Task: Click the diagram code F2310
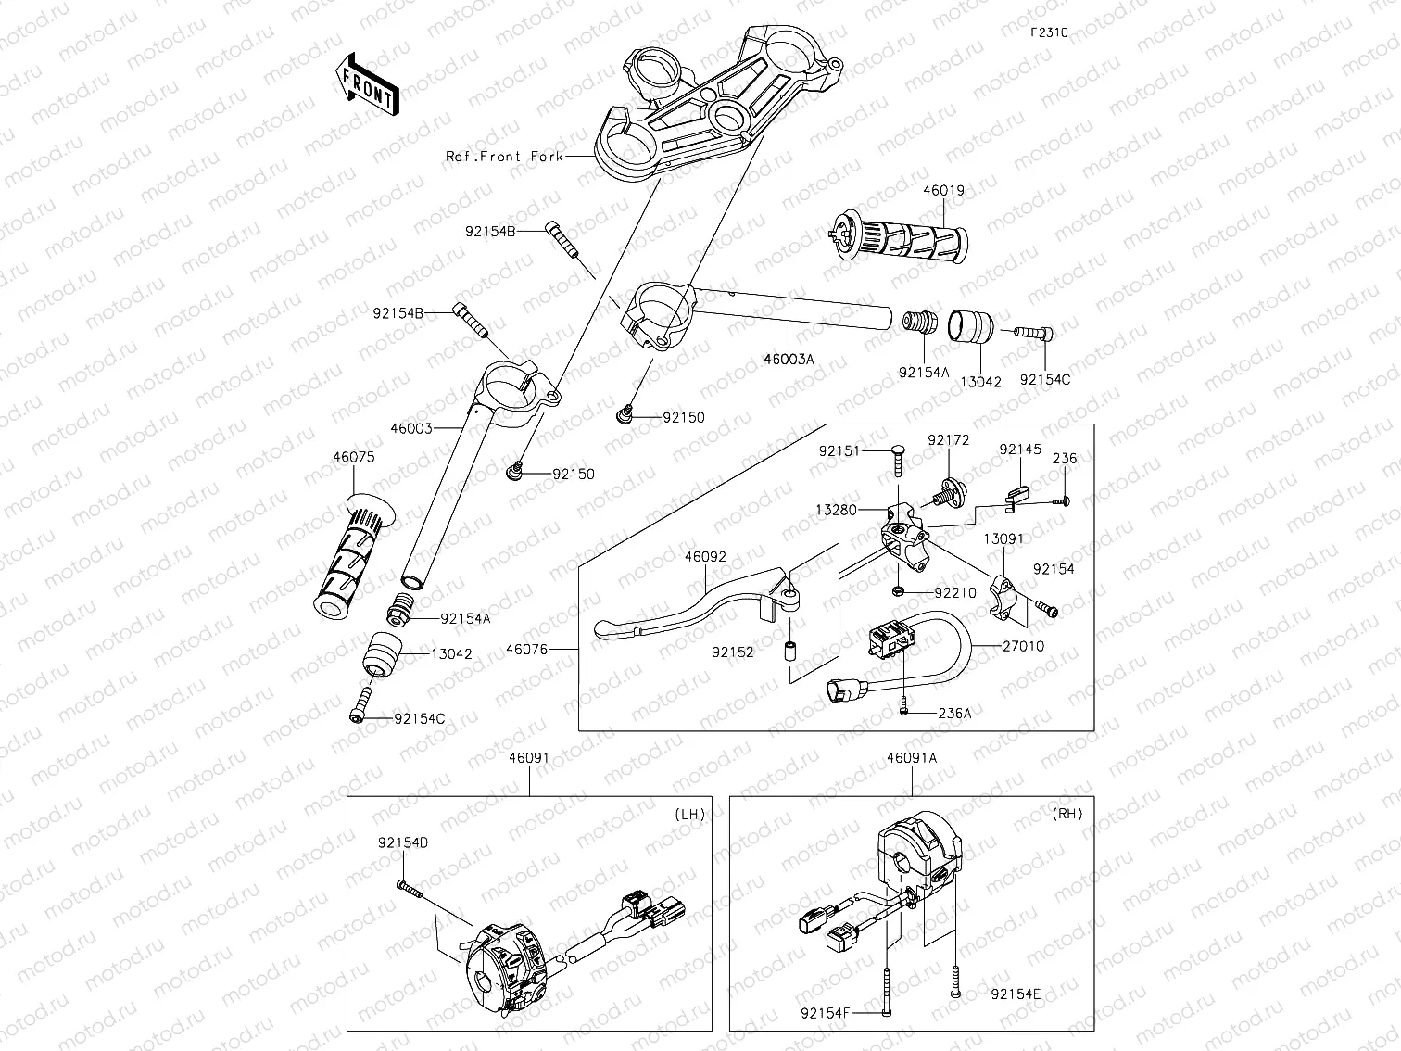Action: [x=1049, y=32]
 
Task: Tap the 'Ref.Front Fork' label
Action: [x=504, y=157]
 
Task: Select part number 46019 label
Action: [x=943, y=191]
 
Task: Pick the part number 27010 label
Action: [x=1023, y=646]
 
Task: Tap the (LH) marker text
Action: [x=689, y=815]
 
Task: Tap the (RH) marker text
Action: [x=1067, y=815]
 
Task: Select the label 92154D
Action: [x=403, y=843]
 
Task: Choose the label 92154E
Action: [x=1016, y=994]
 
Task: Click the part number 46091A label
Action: [x=912, y=757]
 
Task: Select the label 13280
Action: [x=837, y=510]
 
